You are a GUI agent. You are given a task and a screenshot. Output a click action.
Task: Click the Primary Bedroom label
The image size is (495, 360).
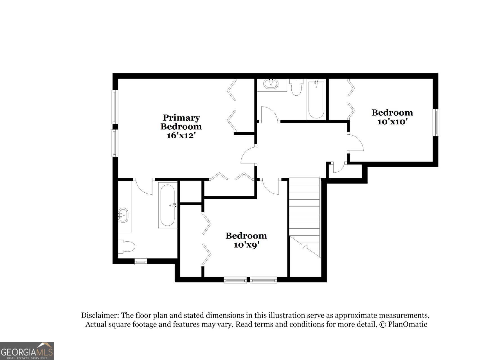click(x=181, y=122)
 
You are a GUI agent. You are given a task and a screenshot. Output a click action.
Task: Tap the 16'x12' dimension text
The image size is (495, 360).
click(x=181, y=136)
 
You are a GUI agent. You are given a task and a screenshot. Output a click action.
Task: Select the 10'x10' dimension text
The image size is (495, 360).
click(x=392, y=122)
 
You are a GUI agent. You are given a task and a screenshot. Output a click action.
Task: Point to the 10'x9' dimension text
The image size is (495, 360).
click(x=246, y=245)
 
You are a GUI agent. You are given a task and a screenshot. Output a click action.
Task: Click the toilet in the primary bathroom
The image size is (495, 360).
click(x=127, y=247)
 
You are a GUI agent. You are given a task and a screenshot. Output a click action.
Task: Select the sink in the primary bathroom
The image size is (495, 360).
click(x=123, y=215)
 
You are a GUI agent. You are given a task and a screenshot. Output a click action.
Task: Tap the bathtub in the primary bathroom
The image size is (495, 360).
click(x=168, y=205)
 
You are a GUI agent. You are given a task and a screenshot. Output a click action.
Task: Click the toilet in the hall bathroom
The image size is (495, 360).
click(x=296, y=87)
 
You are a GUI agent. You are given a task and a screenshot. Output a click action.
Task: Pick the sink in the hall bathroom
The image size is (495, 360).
click(x=271, y=84)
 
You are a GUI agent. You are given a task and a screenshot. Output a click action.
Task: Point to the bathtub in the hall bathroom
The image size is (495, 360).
click(x=316, y=100)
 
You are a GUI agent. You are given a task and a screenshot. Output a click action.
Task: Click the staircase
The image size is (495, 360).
click(x=305, y=217)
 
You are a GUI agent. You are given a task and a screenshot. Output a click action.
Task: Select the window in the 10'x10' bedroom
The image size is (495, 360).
click(x=436, y=122)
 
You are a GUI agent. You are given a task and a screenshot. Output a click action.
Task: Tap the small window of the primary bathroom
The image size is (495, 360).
click(x=141, y=262)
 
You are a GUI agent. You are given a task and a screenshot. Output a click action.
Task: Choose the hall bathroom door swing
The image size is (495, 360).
click(x=269, y=114)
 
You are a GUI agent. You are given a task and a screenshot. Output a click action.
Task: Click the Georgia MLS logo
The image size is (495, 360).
click(x=27, y=351)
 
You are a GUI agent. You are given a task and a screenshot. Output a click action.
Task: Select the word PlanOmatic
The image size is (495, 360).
click(x=408, y=324)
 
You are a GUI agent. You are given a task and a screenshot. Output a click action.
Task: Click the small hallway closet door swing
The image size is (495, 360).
click(x=339, y=168)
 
